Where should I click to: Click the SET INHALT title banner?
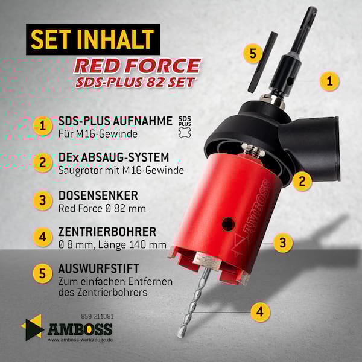point(93,39)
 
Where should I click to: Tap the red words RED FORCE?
point(137,66)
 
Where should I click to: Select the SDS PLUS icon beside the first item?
point(185,127)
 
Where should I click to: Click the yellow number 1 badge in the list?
point(42,126)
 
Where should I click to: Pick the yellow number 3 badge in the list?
point(42,200)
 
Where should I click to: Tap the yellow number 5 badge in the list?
point(42,274)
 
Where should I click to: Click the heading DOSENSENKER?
point(98,195)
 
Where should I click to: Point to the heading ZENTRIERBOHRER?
point(107,232)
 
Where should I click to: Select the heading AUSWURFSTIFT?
point(98,268)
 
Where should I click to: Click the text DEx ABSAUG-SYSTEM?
point(113,157)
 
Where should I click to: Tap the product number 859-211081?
point(97,316)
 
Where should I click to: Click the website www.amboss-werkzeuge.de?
point(80,340)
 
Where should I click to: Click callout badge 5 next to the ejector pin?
point(253,54)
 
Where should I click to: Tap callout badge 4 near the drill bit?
point(260,312)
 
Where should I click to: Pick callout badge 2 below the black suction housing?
point(302,181)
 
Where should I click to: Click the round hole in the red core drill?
point(229,224)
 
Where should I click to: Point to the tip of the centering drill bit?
point(179,337)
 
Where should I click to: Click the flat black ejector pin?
point(262,62)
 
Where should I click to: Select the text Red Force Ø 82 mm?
point(102,209)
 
